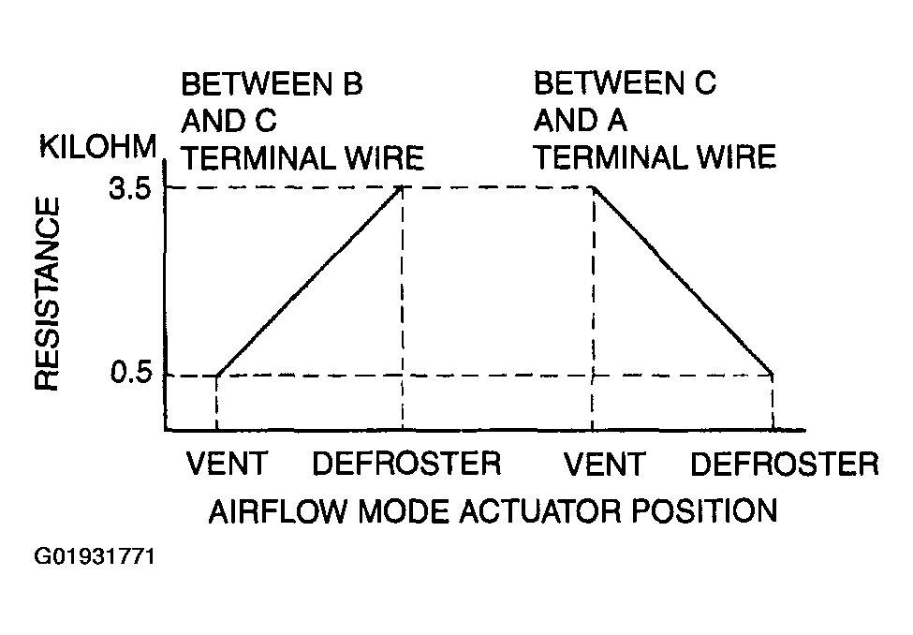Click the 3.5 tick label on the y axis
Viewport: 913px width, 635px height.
[x=130, y=190]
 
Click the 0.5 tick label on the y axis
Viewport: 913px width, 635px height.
[x=131, y=373]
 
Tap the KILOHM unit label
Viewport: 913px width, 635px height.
[x=97, y=146]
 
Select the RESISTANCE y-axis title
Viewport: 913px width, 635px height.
[x=48, y=293]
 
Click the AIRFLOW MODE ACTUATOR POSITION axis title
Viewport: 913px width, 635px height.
[x=493, y=511]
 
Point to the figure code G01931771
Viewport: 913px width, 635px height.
[x=95, y=557]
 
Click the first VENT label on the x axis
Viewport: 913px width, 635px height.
[x=227, y=464]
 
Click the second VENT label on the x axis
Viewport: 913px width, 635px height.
[x=604, y=464]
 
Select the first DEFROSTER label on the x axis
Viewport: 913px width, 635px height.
[x=406, y=464]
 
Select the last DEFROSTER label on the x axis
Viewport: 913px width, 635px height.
[x=785, y=464]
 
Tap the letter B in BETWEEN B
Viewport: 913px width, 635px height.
[x=353, y=84]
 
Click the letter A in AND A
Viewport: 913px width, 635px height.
[x=616, y=121]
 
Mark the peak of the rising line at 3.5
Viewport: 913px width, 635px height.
[x=402, y=186]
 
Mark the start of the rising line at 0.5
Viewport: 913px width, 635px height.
[x=216, y=376]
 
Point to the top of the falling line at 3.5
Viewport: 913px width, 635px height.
[x=593, y=187]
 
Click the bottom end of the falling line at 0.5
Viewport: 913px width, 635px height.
[x=773, y=375]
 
